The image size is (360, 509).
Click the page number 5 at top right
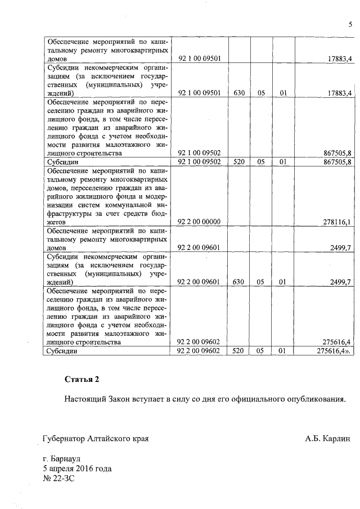[x=349, y=25]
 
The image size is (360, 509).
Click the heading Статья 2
[x=82, y=379]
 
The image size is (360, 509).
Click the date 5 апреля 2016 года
[x=77, y=469]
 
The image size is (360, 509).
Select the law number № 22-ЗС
[x=58, y=479]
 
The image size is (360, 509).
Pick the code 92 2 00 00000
[x=199, y=222]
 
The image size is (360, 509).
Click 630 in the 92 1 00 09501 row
[x=238, y=93]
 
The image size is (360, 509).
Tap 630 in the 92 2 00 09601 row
[x=238, y=282]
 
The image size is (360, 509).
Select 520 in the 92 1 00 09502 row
[x=238, y=162]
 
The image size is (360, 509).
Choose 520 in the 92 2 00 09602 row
[x=238, y=351]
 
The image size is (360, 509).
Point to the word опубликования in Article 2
[x=316, y=399]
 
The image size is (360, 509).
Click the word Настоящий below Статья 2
[x=85, y=399]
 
